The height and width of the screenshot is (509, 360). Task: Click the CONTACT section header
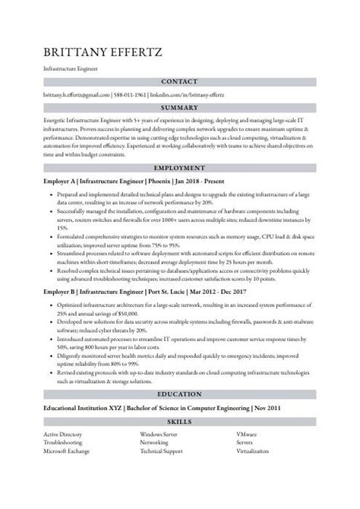(179, 81)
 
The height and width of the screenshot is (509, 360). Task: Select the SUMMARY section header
(179, 108)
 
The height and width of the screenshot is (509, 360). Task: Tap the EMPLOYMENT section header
(179, 168)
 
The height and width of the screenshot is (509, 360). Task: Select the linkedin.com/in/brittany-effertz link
(192, 95)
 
